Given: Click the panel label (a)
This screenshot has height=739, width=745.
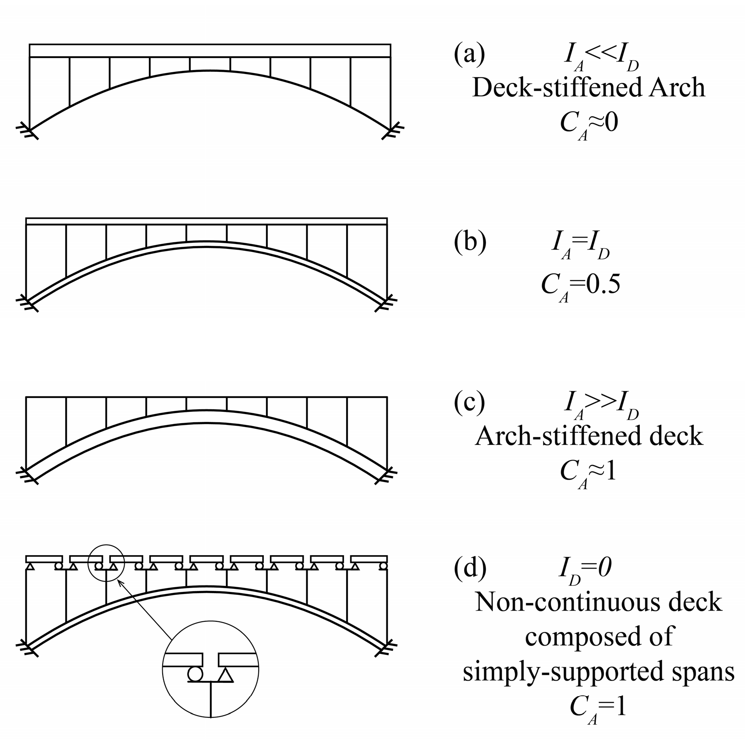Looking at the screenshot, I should coord(469,55).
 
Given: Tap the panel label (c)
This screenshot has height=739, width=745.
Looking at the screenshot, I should coord(469,402).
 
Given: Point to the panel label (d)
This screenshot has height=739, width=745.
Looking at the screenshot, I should coord(470,568).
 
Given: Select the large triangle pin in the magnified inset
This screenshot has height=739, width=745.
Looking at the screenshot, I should coord(225,675).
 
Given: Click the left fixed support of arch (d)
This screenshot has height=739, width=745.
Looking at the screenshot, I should coord(27,646).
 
